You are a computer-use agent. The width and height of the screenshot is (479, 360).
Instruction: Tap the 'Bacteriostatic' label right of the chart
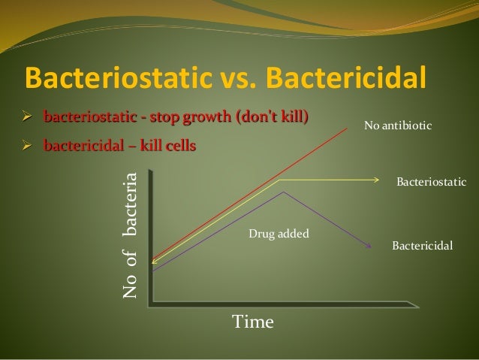(431, 183)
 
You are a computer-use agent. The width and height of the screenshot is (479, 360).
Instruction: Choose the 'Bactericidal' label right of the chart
(423, 246)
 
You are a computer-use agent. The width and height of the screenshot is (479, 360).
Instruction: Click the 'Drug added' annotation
(279, 234)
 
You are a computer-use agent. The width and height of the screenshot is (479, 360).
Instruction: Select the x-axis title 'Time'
(253, 322)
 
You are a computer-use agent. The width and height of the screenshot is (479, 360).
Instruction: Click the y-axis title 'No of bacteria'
(131, 234)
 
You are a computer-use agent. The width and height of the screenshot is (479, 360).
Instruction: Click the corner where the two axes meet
(152, 303)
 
